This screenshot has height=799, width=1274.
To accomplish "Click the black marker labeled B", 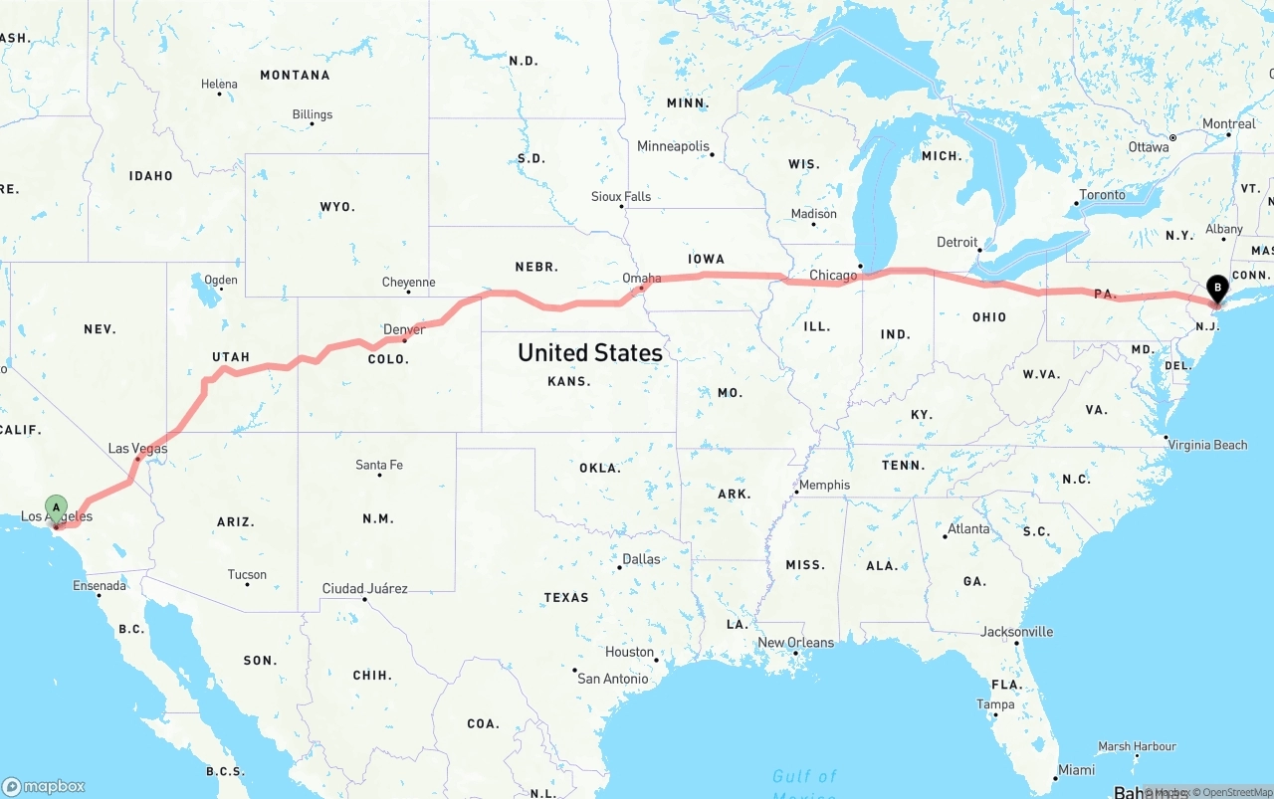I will coord(1216,290).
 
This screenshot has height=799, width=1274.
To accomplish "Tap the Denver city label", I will coord(404,329).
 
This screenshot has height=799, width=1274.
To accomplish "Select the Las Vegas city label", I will coord(137,449).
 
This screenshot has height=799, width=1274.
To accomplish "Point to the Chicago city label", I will coord(833,275).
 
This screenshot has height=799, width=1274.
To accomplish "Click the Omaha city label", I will coord(641,278).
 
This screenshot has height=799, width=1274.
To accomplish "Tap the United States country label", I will coord(590,353).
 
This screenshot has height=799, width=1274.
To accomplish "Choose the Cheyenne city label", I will coord(408,283).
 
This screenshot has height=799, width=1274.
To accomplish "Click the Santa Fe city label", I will coord(379,465).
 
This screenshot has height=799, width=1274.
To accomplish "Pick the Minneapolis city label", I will coord(673,146).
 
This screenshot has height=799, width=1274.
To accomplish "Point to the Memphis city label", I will coord(824,485).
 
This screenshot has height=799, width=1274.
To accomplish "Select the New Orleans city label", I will coord(795,643).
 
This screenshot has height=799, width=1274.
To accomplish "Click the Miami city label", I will coord(1077,770).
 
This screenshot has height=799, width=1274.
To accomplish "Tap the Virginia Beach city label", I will coord(1207,445).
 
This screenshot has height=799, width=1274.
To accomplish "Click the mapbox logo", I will coord(44,786).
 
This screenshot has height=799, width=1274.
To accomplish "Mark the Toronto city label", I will coord(1102,195).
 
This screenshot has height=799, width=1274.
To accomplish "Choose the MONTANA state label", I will coord(295,76).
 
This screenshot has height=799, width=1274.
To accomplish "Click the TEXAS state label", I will coord(566,598).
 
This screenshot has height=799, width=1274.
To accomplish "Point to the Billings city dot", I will coord(313,126).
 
